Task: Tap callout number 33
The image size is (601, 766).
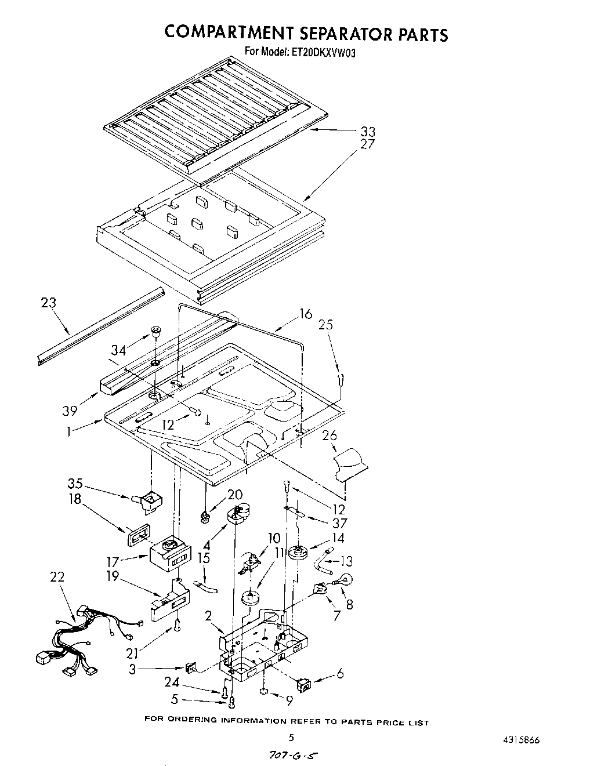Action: [367, 132]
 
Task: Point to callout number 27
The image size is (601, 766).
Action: [367, 144]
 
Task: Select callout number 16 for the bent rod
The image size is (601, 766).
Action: [305, 314]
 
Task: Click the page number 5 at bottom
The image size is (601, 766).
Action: [291, 738]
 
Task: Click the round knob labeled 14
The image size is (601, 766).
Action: [299, 552]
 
